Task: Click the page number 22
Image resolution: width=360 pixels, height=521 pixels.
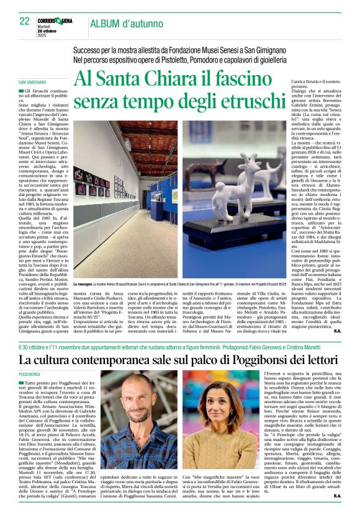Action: pos(24,21)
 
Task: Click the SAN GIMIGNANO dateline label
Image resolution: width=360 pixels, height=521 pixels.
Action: pos(32,82)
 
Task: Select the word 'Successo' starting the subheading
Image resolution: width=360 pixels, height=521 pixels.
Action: pos(90,50)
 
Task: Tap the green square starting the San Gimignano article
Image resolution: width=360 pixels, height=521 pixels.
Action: pos(21,91)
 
